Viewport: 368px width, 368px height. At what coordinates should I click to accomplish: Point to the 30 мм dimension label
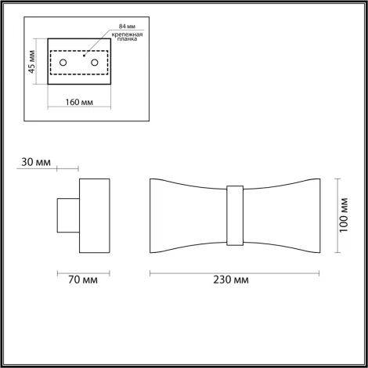click(x=37, y=162)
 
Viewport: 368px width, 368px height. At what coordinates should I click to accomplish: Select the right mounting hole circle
click(x=95, y=61)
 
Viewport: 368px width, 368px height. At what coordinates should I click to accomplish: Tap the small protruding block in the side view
click(x=67, y=215)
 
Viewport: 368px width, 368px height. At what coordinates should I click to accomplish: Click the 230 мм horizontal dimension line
click(x=235, y=270)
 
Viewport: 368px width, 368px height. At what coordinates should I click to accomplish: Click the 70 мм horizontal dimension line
click(x=82, y=270)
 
